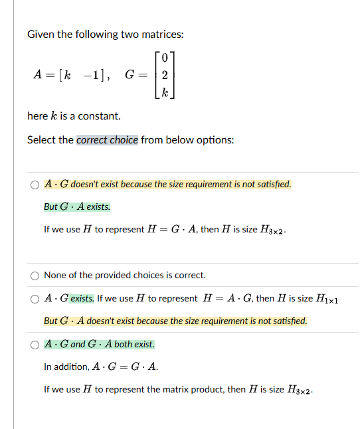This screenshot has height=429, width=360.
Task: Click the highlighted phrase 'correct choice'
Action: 108,140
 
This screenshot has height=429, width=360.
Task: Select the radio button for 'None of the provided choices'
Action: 34,276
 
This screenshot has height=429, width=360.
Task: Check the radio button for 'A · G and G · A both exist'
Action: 34,345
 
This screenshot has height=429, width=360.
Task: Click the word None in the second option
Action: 54,275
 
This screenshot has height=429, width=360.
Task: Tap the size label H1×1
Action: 328,300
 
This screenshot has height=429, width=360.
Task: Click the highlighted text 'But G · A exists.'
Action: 77,207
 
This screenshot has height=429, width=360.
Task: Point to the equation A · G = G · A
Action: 126,367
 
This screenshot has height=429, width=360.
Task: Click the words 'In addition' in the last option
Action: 65,367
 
